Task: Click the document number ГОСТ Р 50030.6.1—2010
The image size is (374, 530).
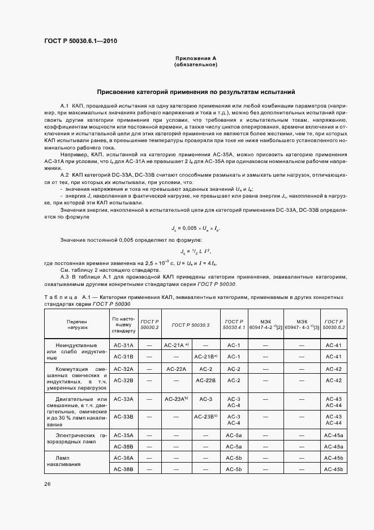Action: [x=81, y=41]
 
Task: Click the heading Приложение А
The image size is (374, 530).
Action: [x=196, y=58]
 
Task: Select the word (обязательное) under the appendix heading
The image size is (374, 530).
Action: [x=196, y=65]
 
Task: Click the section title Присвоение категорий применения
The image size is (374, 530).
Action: [x=196, y=92]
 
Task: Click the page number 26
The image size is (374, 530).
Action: [x=48, y=484]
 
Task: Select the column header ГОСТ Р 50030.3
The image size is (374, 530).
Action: [x=191, y=324]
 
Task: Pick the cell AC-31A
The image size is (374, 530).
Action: [x=123, y=345]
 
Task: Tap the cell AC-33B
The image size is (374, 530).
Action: [x=123, y=416]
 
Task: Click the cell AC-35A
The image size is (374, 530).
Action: [x=123, y=434]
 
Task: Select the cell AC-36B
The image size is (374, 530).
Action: [x=123, y=469]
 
